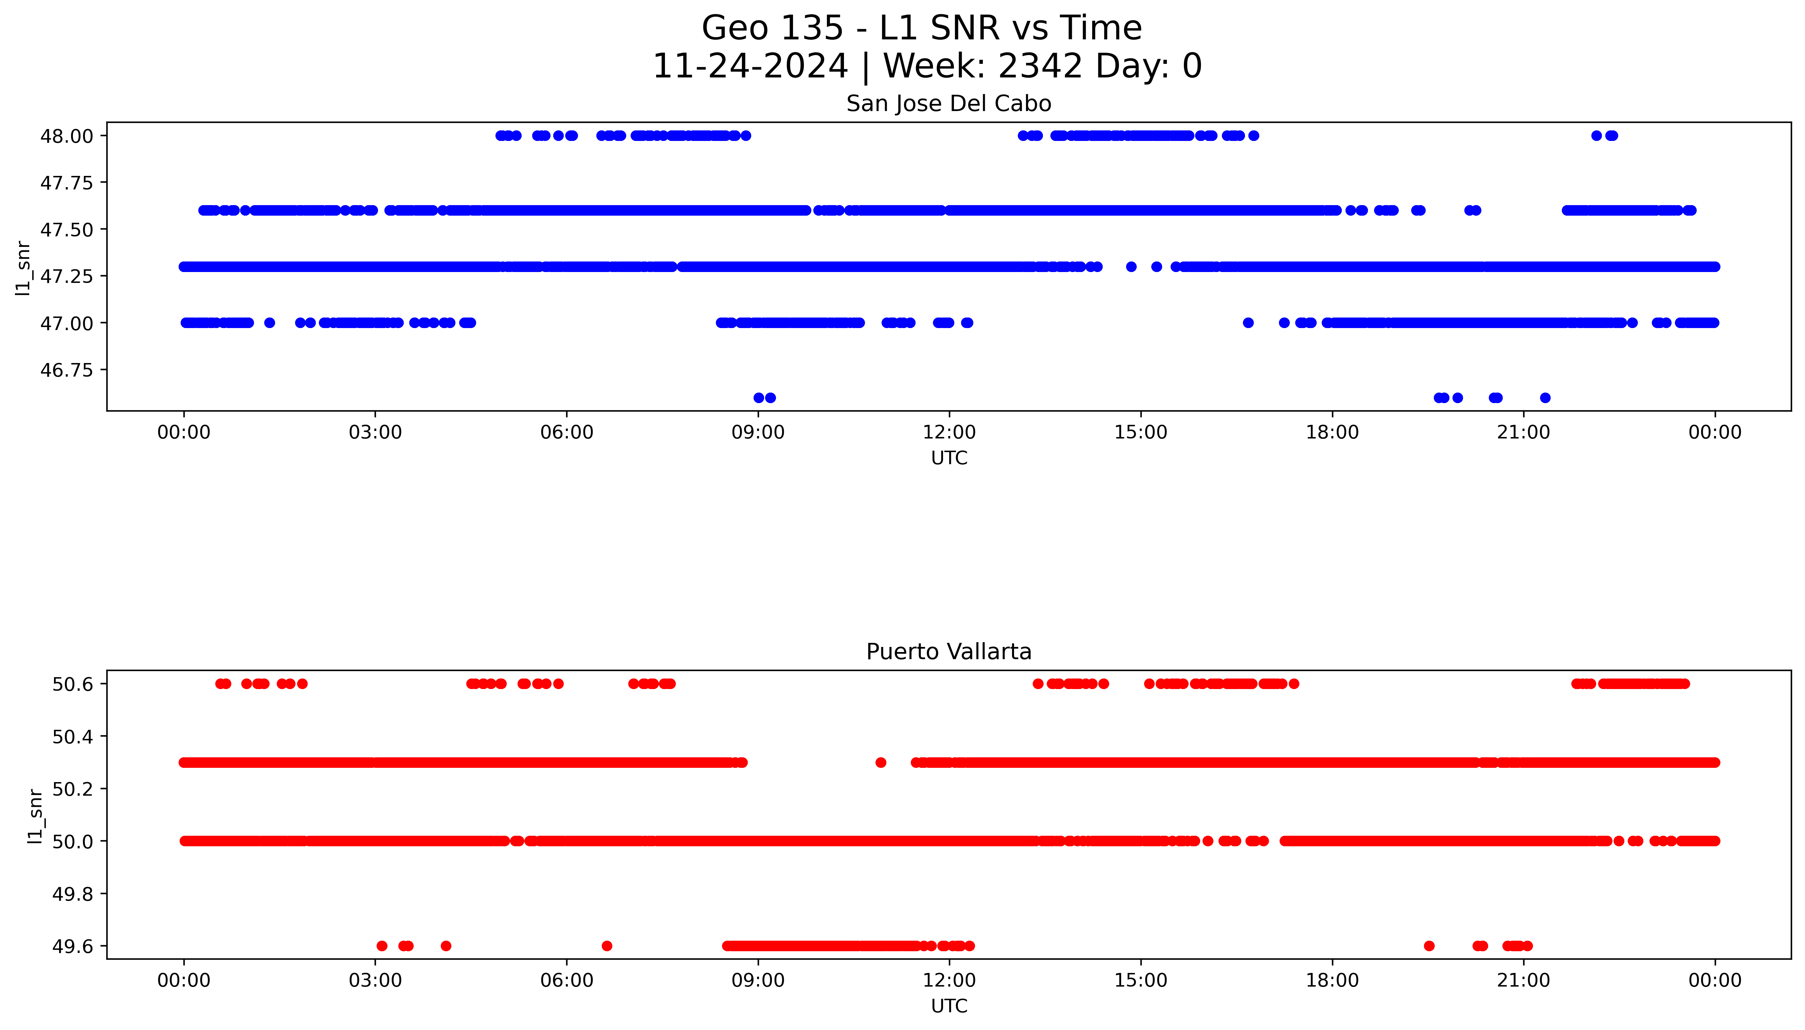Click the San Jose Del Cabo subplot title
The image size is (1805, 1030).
[x=949, y=104]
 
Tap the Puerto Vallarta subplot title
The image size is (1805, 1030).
[x=949, y=652]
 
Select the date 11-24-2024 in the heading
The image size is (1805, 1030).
[x=750, y=67]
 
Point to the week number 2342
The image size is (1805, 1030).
[x=1040, y=67]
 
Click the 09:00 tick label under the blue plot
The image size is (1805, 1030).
[x=758, y=432]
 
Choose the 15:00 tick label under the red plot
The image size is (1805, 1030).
[x=1140, y=980]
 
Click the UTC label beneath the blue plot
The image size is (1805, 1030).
[x=949, y=458]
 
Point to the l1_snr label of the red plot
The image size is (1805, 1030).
[x=35, y=816]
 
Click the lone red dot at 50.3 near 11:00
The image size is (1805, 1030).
[x=881, y=763]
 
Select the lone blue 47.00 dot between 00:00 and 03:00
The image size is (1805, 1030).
[x=270, y=323]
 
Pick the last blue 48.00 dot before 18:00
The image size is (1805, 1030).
[x=1253, y=136]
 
